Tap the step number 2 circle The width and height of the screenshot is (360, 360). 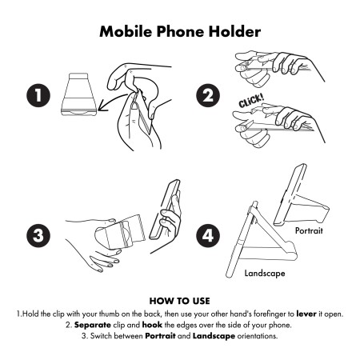coord(208,95)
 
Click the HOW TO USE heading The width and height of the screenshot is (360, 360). coord(180,301)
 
